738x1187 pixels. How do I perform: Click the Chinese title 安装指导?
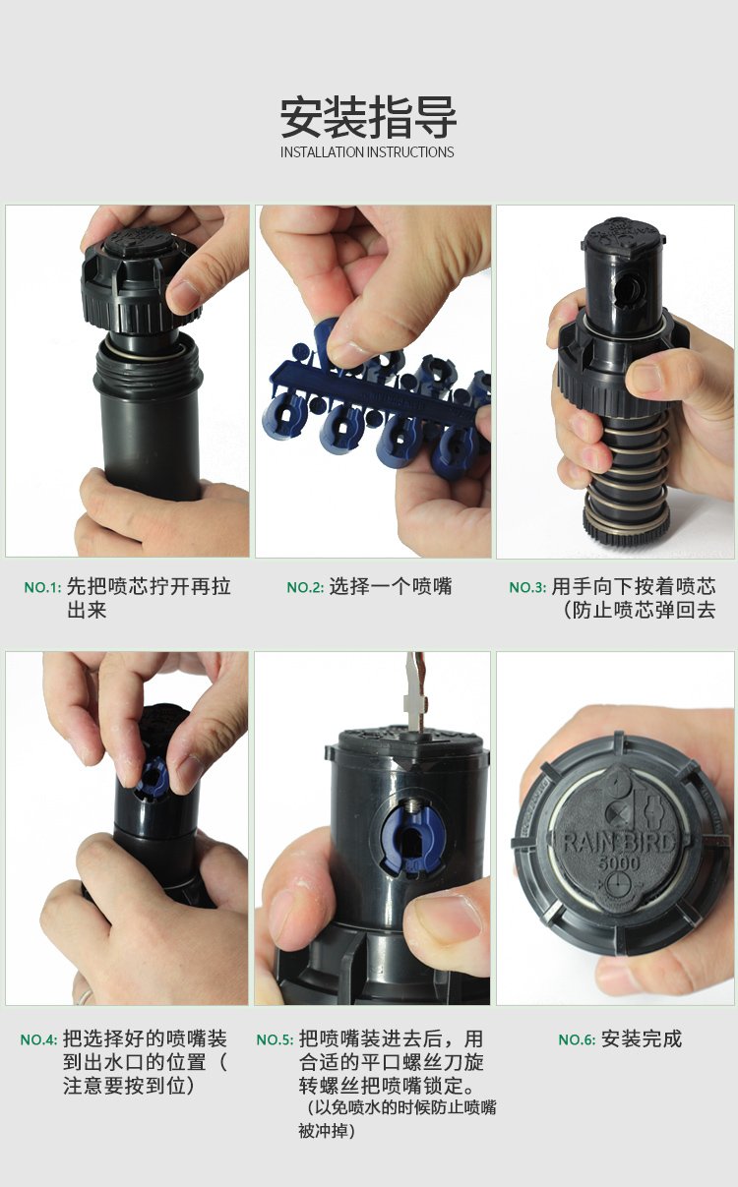(x=368, y=117)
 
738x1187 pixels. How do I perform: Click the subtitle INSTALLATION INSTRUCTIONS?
(x=367, y=152)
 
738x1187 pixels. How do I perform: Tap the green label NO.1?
(x=43, y=588)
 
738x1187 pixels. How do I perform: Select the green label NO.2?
(x=305, y=588)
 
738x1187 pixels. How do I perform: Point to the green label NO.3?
(x=527, y=588)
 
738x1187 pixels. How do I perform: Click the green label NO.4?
(x=38, y=1039)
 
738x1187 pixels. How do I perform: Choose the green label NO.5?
(x=275, y=1039)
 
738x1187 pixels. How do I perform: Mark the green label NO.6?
(x=577, y=1039)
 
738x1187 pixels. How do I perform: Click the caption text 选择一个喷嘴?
(x=391, y=586)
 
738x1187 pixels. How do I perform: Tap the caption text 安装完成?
(x=642, y=1039)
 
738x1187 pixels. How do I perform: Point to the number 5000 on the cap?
(x=619, y=863)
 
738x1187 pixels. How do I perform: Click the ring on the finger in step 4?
(x=85, y=997)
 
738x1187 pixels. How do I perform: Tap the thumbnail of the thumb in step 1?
(x=183, y=296)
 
